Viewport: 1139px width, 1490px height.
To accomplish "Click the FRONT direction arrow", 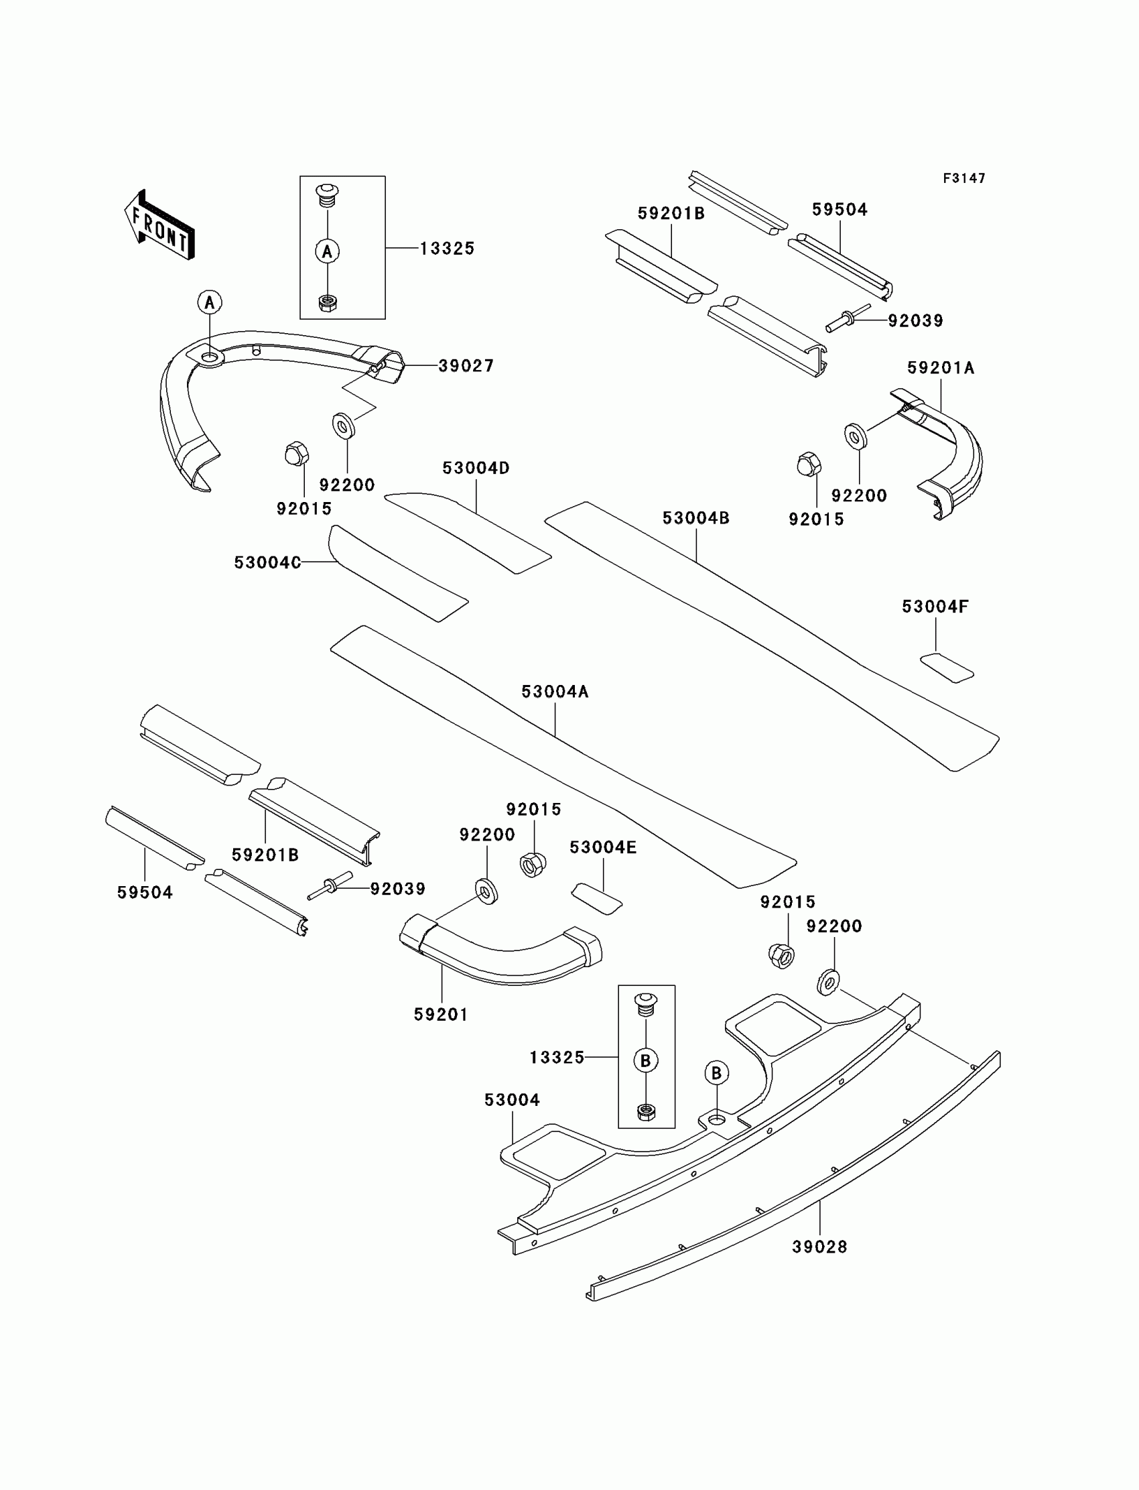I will [x=160, y=225].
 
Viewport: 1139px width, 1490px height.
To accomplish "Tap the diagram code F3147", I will [x=963, y=178].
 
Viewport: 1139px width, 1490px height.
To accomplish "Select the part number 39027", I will [x=466, y=366].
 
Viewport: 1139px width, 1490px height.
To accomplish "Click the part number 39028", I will [x=819, y=1247].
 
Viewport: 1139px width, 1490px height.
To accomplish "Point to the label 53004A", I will [x=555, y=692].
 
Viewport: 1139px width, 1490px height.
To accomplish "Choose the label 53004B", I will [x=695, y=518].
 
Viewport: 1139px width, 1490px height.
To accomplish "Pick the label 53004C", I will [x=267, y=563].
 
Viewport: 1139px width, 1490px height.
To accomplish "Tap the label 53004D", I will [x=475, y=468].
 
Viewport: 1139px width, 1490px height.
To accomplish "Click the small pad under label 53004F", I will [x=947, y=668].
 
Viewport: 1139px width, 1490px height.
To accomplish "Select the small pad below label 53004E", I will [x=596, y=899].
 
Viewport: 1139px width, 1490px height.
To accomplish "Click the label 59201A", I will [x=941, y=368].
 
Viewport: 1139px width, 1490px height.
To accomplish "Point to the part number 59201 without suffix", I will [x=441, y=1015].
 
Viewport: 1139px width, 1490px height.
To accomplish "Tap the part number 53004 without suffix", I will [x=512, y=1100].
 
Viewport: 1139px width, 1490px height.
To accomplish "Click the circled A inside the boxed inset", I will [x=328, y=251].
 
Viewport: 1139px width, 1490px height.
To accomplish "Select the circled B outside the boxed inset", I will [x=717, y=1073].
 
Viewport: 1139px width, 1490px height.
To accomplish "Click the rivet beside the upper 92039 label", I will [x=848, y=318].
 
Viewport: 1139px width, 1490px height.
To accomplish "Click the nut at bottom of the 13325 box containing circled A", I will [x=328, y=303].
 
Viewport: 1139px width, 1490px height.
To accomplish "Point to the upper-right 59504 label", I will [x=840, y=210].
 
